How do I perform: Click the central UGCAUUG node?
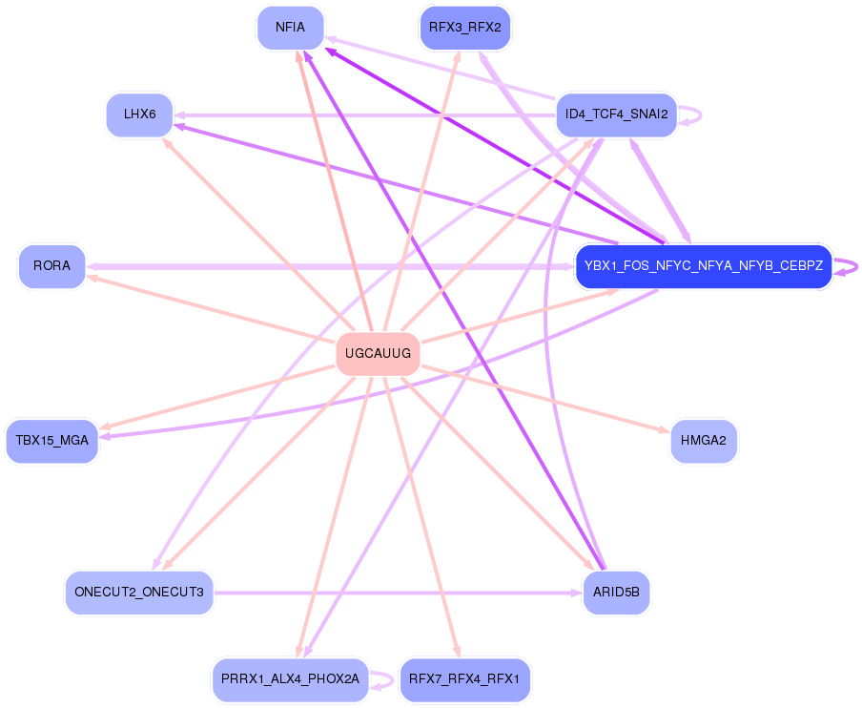(x=378, y=354)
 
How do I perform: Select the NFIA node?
(x=290, y=28)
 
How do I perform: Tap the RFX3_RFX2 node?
(x=465, y=28)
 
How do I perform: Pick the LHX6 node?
(x=139, y=115)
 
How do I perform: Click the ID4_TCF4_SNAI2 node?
(x=616, y=115)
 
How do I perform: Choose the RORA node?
(x=51, y=266)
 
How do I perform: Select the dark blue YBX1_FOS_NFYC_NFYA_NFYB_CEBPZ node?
(x=704, y=266)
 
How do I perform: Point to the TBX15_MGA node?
(x=51, y=441)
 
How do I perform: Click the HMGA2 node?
(x=704, y=441)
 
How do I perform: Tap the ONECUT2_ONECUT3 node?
(x=139, y=593)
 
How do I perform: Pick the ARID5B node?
(x=616, y=593)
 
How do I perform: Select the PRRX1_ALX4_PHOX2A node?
(x=290, y=679)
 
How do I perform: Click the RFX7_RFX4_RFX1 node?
(x=465, y=679)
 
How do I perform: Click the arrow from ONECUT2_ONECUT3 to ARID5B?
(x=400, y=593)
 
